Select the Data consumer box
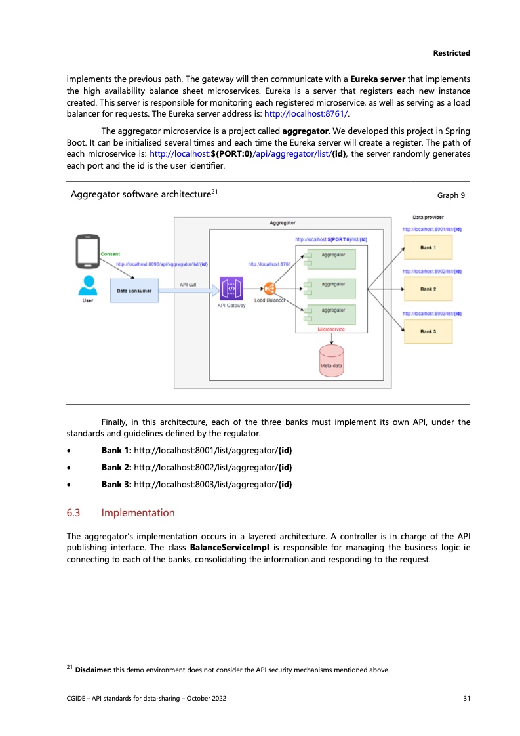pyautogui.click(x=134, y=289)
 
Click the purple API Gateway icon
pyautogui.click(x=231, y=289)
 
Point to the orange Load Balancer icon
pyautogui.click(x=270, y=289)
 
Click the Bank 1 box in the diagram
pyautogui.click(x=428, y=247)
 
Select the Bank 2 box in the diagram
pyautogui.click(x=428, y=289)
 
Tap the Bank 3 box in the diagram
pyautogui.click(x=428, y=331)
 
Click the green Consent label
pyautogui.click(x=110, y=254)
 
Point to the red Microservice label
pyautogui.click(x=330, y=329)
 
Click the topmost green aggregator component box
pyautogui.click(x=331, y=258)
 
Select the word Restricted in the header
pyautogui.click(x=451, y=52)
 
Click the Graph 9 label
pyautogui.click(x=451, y=195)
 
